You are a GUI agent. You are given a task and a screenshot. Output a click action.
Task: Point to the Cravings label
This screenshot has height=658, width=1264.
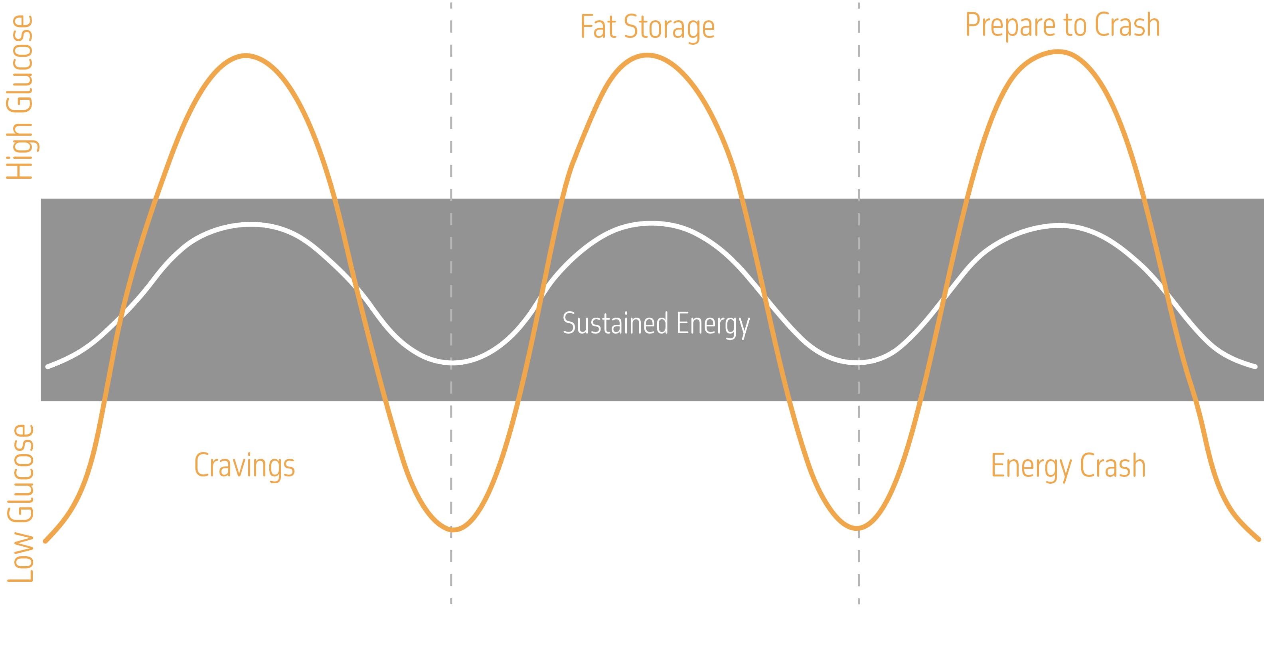244,466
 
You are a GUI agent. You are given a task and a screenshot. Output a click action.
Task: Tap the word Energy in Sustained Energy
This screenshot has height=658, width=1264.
713,324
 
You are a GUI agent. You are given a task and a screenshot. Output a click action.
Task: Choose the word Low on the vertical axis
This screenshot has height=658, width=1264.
21,557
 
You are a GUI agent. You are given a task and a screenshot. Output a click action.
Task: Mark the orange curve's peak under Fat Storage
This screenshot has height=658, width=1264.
648,55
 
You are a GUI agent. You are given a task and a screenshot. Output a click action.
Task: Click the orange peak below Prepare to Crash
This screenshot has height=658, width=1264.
1059,51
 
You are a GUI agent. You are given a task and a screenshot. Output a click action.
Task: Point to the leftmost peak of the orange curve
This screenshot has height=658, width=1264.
245,55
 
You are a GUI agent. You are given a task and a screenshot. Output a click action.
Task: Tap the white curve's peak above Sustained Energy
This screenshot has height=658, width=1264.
651,223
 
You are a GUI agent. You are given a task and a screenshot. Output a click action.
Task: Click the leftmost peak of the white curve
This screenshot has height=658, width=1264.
251,224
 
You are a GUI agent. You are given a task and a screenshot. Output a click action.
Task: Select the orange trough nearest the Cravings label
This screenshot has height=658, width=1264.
452,530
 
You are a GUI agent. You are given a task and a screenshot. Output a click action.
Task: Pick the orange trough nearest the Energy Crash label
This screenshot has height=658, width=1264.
857,528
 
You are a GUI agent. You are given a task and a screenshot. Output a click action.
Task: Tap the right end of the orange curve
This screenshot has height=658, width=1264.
1258,539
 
